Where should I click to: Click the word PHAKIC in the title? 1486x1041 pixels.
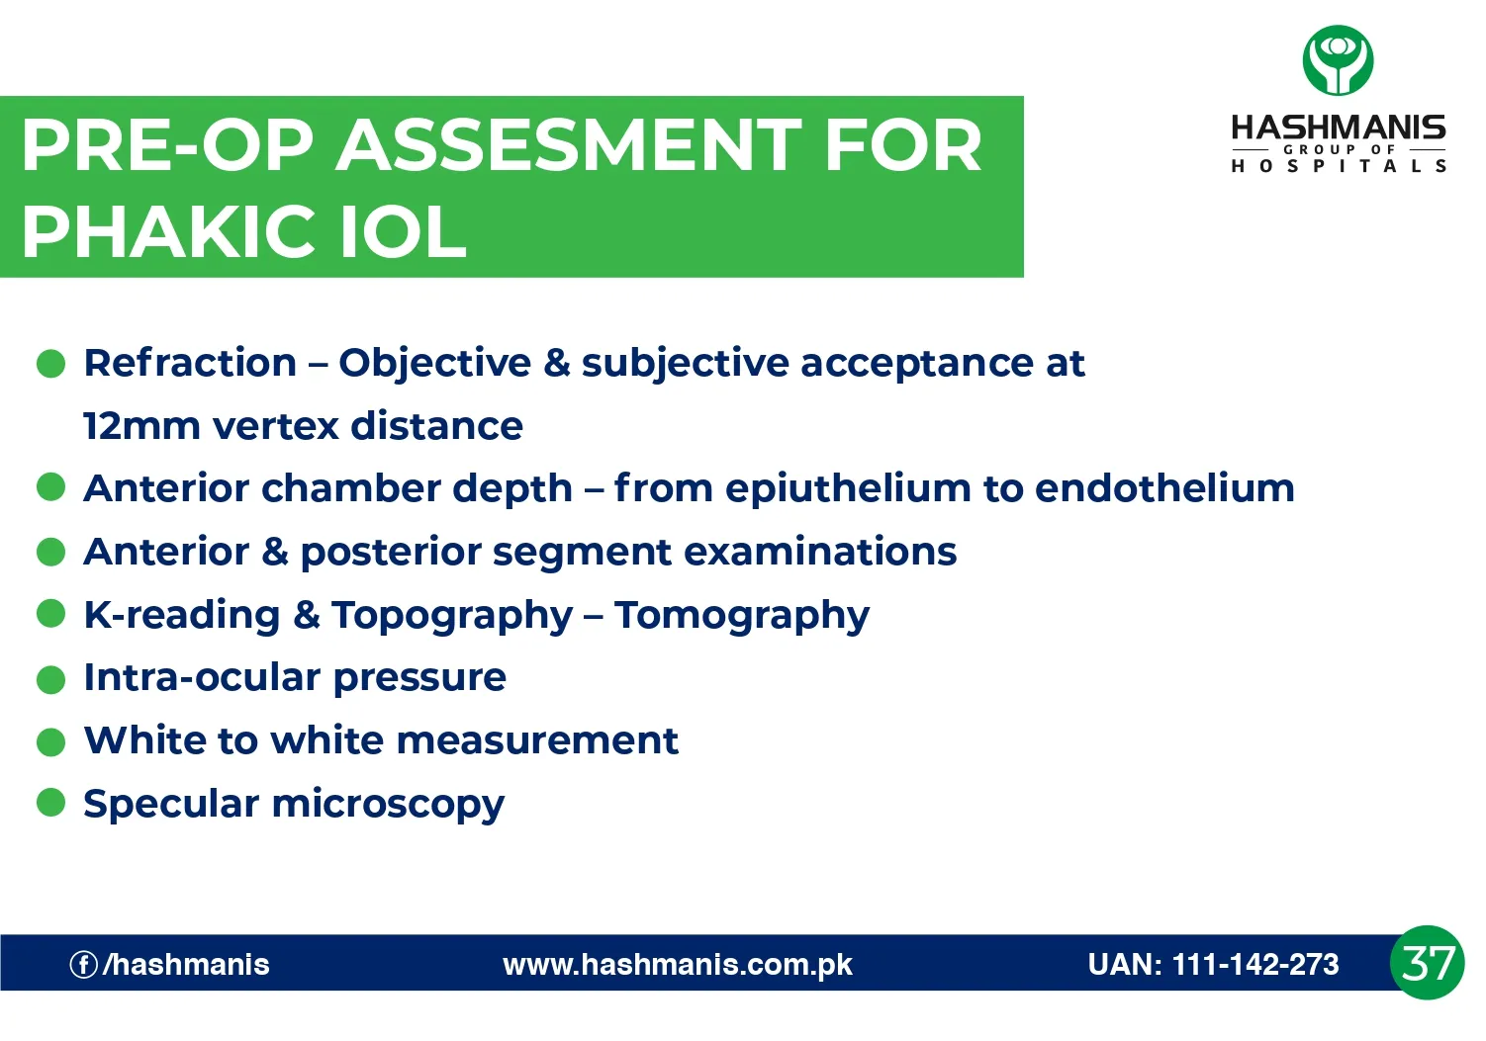click(x=168, y=232)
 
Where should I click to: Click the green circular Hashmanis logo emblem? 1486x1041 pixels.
click(x=1338, y=60)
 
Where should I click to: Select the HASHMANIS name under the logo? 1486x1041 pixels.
click(x=1338, y=128)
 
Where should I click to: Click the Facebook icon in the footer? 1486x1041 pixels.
click(x=83, y=965)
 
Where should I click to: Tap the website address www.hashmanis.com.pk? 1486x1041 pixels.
click(x=678, y=965)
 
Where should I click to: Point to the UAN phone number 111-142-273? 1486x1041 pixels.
click(x=1255, y=964)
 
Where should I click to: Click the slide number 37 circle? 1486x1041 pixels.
click(x=1427, y=963)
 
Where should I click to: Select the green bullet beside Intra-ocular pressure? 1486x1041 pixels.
click(x=51, y=679)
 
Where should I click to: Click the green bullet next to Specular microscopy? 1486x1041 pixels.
click(x=51, y=803)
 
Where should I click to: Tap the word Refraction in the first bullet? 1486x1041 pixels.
click(x=190, y=363)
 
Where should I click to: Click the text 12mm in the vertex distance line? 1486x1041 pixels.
click(x=141, y=426)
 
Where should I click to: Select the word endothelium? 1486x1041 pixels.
click(x=1164, y=488)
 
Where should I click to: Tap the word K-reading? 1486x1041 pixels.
click(x=182, y=616)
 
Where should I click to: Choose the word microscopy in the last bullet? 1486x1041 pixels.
click(x=388, y=806)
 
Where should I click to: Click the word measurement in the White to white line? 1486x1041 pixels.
click(x=537, y=740)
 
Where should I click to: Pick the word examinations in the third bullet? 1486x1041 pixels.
click(x=820, y=552)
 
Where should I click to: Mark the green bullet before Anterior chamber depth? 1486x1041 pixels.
click(x=51, y=487)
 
